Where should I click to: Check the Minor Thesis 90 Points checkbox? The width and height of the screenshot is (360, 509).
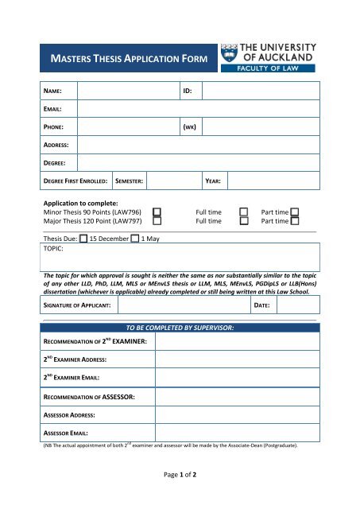[x=157, y=212]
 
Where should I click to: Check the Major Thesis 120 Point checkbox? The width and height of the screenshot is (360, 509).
[x=157, y=222]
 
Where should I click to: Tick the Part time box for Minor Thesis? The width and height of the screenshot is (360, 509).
[x=295, y=212]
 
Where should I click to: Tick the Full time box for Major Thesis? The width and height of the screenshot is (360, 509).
[x=245, y=222]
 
